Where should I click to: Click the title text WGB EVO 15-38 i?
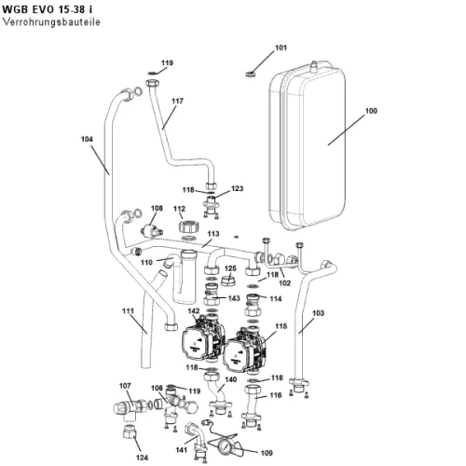click(x=47, y=9)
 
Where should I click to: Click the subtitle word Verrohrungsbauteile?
click(x=51, y=22)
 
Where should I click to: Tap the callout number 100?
click(x=371, y=111)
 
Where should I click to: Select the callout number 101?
click(x=281, y=48)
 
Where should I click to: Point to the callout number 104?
click(x=87, y=139)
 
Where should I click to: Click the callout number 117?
click(x=177, y=101)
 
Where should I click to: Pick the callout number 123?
click(x=238, y=188)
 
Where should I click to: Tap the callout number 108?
click(x=157, y=208)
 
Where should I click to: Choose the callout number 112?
click(x=180, y=209)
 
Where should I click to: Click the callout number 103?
click(x=318, y=313)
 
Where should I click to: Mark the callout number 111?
click(x=128, y=311)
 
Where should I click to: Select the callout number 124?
click(x=142, y=458)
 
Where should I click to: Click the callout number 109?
click(x=267, y=453)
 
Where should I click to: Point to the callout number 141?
click(x=182, y=450)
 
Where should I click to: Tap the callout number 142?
click(x=194, y=311)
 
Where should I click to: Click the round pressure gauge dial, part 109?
click(x=226, y=448)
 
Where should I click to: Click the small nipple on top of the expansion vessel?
click(x=314, y=66)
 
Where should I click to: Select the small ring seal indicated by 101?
click(x=250, y=75)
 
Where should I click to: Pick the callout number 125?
click(x=230, y=268)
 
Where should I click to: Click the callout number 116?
click(x=276, y=395)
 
